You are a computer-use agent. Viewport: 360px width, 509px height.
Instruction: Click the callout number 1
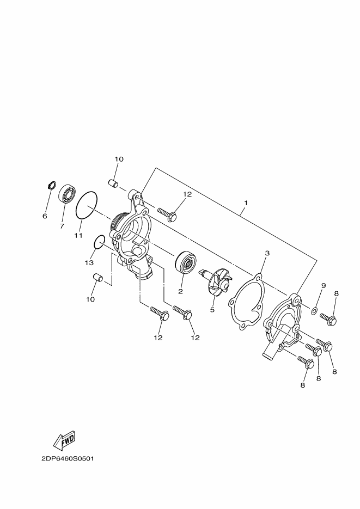[246, 203]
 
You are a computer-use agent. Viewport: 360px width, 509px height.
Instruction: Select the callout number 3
[267, 253]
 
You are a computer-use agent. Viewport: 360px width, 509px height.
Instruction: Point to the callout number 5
[212, 310]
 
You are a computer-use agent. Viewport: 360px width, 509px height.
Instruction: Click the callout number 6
[45, 216]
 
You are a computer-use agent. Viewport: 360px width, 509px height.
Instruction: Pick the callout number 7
[62, 225]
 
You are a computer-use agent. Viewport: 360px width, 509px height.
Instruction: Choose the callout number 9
[323, 285]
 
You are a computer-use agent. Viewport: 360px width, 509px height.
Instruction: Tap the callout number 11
[78, 236]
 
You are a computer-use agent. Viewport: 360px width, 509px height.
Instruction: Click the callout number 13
[89, 262]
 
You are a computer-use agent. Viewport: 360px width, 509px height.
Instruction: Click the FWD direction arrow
[64, 439]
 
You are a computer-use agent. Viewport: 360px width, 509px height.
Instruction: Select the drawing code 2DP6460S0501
[68, 458]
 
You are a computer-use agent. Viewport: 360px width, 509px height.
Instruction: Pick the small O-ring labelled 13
[99, 241]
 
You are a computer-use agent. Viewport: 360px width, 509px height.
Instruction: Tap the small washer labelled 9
[314, 311]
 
